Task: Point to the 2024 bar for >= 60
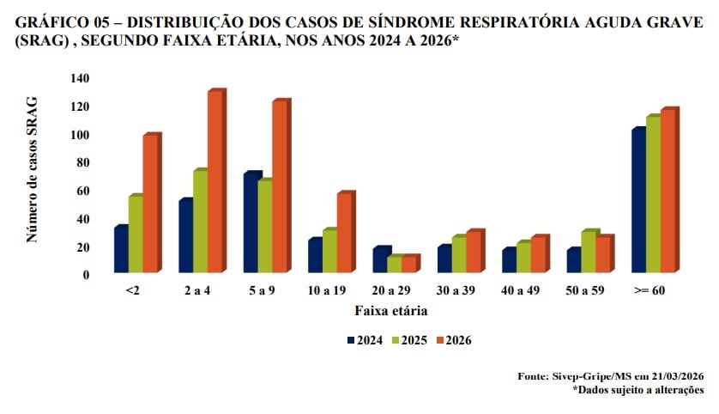pos(637,202)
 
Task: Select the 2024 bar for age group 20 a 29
pos(379,261)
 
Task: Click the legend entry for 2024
pos(364,340)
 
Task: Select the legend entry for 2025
pos(408,340)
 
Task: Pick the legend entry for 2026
pos(453,340)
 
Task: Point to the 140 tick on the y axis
pos(80,79)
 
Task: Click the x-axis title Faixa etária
pos(391,311)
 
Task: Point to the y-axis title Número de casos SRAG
pos(33,177)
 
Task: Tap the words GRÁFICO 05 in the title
pos(60,23)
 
